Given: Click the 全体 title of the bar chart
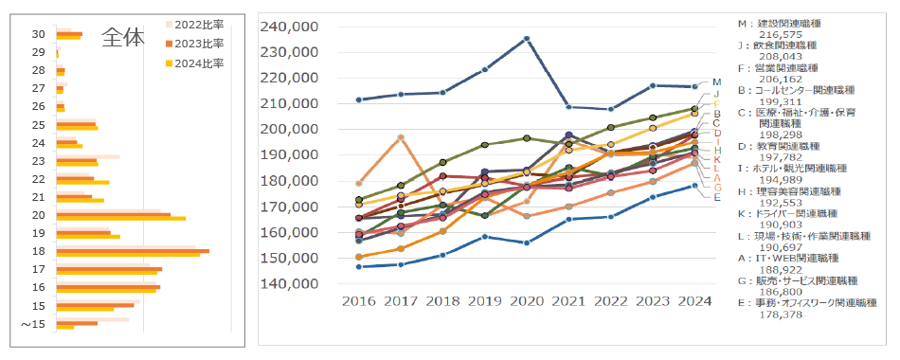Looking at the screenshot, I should click(x=123, y=37).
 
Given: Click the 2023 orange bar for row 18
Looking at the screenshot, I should click(x=133, y=251).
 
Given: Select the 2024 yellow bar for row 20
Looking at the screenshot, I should click(x=120, y=219).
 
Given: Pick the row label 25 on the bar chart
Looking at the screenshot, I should click(x=39, y=125).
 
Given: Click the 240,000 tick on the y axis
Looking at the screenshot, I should click(x=297, y=27).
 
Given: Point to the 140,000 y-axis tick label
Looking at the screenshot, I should click(x=297, y=283).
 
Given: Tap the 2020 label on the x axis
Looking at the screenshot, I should click(x=526, y=300).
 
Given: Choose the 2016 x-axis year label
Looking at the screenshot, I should click(x=358, y=300).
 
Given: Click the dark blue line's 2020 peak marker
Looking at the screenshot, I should click(x=527, y=39).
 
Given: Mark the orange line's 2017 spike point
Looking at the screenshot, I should click(x=401, y=137).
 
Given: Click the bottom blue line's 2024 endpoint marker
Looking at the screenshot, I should click(x=694, y=186).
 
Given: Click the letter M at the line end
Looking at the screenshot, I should click(x=716, y=82).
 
